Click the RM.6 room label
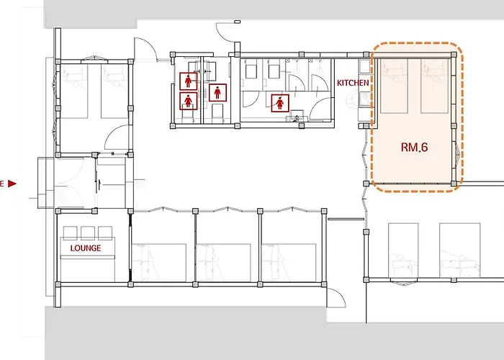[x=414, y=147]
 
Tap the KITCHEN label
[x=353, y=83]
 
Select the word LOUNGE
[x=86, y=248]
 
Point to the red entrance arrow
[x=12, y=184]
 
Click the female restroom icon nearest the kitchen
[x=280, y=103]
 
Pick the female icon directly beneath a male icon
[x=189, y=101]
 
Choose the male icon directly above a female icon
[x=189, y=81]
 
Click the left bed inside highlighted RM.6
[x=394, y=86]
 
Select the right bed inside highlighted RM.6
[x=434, y=86]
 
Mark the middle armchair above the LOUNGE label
[x=88, y=233]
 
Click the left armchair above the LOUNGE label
[x=71, y=233]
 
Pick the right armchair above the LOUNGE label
[x=105, y=233]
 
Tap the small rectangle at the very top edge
[x=238, y=22]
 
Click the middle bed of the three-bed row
[x=224, y=263]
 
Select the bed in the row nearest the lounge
[x=159, y=263]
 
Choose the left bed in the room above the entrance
[x=74, y=91]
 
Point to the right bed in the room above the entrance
[x=114, y=91]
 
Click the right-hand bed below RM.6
[x=460, y=250]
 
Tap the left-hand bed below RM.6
[x=403, y=250]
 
